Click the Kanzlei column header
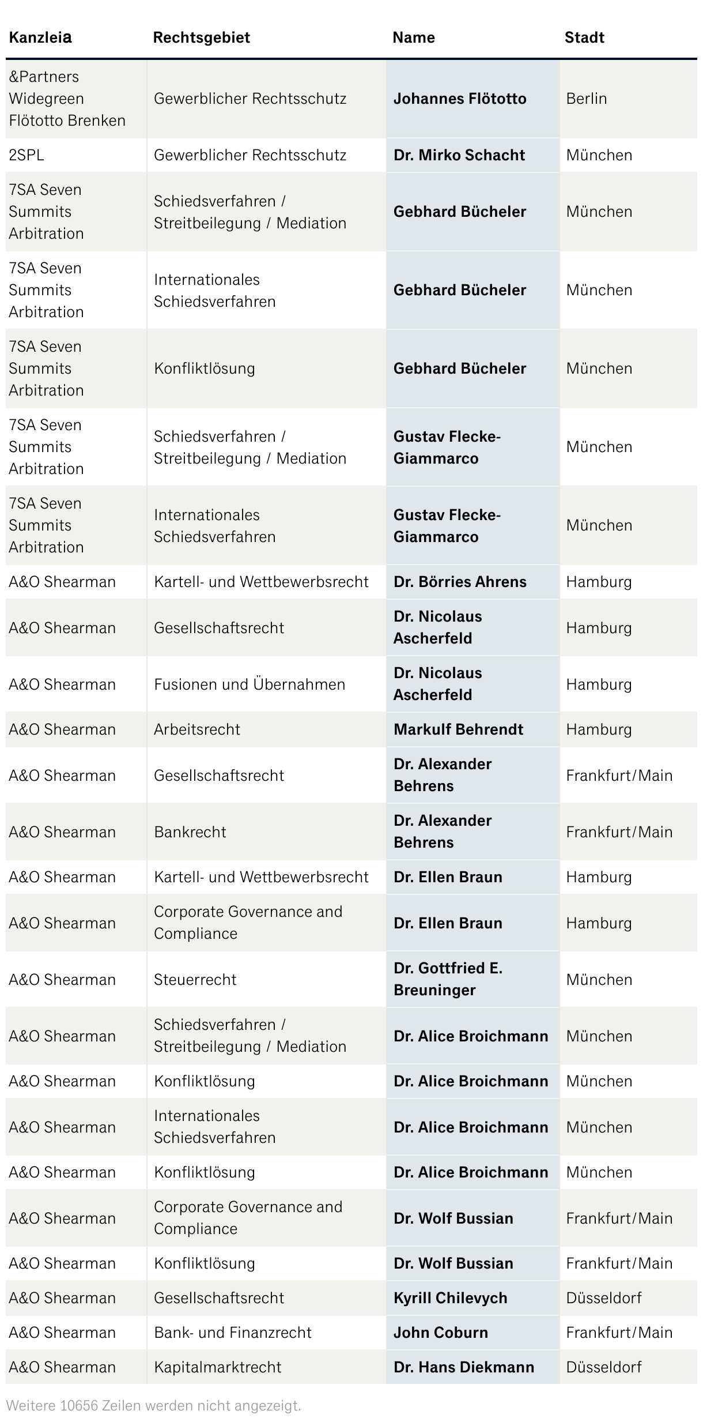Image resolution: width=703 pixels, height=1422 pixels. pyautogui.click(x=40, y=37)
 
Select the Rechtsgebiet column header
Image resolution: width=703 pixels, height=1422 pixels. pyautogui.click(x=201, y=37)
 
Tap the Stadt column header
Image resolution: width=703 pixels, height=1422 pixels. pyautogui.click(x=584, y=37)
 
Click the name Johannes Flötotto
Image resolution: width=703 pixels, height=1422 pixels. pyautogui.click(x=459, y=99)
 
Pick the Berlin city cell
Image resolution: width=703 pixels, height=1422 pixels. pyautogui.click(x=586, y=99)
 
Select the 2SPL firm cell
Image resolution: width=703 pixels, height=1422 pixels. pyautogui.click(x=27, y=155)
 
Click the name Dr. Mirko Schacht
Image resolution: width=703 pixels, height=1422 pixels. pyautogui.click(x=459, y=155)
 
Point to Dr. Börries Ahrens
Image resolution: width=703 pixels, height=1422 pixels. pyautogui.click(x=460, y=582)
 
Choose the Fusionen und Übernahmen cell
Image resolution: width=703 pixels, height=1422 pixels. pyautogui.click(x=249, y=684)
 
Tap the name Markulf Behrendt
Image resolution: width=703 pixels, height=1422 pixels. pyautogui.click(x=458, y=729)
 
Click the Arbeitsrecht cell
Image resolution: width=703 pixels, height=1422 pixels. pyautogui.click(x=196, y=729)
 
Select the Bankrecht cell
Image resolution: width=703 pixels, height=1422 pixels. pyautogui.click(x=190, y=832)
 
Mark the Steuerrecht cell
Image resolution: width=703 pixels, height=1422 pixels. pyautogui.click(x=195, y=980)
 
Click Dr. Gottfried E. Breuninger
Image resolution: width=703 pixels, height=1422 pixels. pyautogui.click(x=448, y=979)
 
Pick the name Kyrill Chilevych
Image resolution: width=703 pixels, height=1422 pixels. pyautogui.click(x=450, y=1298)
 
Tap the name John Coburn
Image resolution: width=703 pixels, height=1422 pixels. pyautogui.click(x=440, y=1333)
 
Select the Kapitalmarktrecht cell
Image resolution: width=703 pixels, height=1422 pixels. pyautogui.click(x=217, y=1367)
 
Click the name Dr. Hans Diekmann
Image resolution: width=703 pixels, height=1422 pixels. pyautogui.click(x=463, y=1367)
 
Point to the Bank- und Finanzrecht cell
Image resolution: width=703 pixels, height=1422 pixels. pyautogui.click(x=232, y=1333)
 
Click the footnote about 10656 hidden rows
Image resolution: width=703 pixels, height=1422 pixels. pyautogui.click(x=153, y=1406)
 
